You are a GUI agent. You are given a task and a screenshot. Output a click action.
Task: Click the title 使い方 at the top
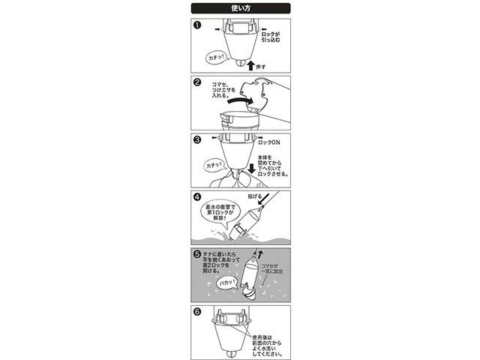[240, 8]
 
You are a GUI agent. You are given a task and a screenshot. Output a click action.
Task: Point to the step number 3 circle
[196, 139]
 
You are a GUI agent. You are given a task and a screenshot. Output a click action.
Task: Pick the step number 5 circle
[196, 254]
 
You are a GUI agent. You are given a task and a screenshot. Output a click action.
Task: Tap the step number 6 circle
[196, 311]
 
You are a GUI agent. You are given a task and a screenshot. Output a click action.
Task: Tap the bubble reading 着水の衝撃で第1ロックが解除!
[220, 213]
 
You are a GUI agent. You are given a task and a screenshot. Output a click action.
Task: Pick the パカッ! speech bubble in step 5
[224, 283]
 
